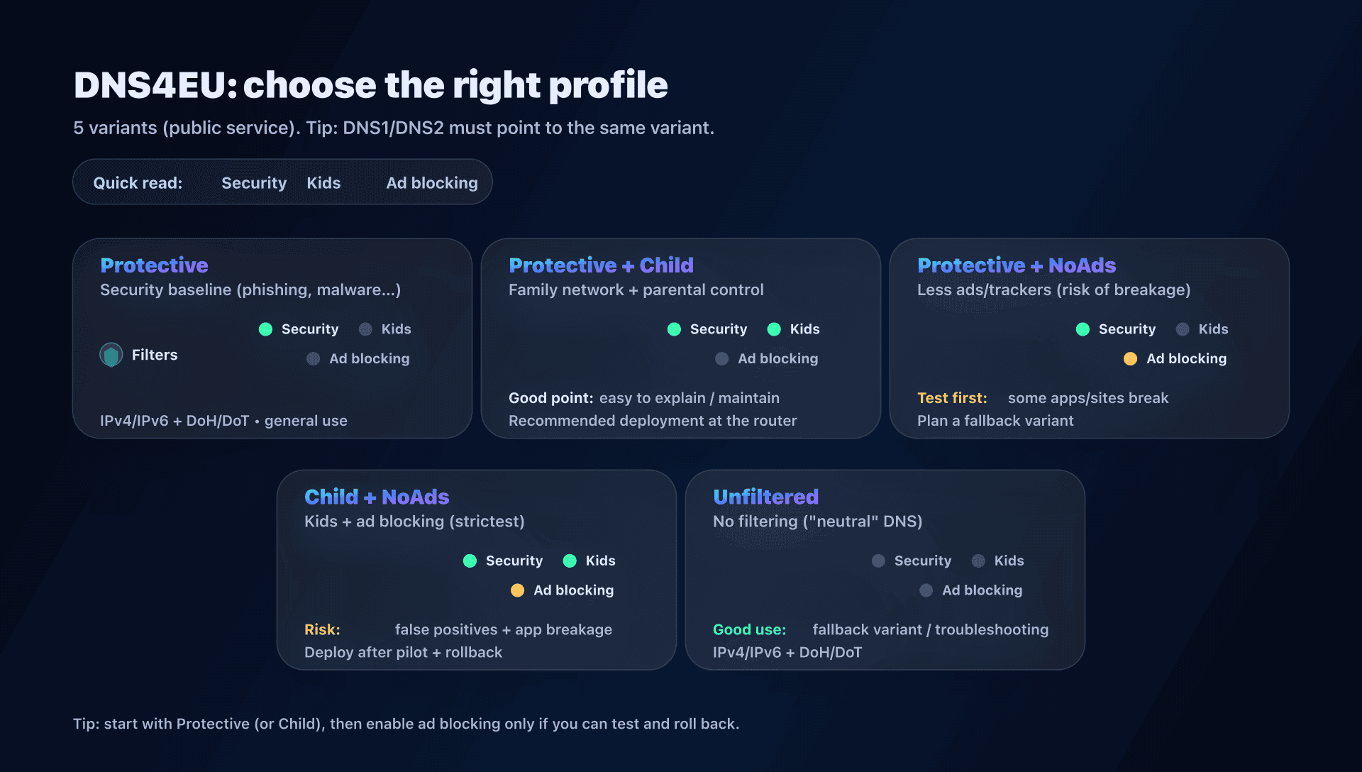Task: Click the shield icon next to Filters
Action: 111,355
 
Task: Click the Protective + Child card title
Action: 601,265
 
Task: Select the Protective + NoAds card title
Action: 1016,265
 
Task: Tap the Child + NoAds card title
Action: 377,497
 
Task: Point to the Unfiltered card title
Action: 765,497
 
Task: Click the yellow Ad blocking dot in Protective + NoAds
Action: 1130,359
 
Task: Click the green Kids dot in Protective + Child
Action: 774,329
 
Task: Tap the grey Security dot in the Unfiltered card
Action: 878,561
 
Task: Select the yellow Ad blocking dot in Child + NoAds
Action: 517,590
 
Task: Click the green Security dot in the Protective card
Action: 266,329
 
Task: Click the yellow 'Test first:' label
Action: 952,398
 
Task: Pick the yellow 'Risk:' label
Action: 322,629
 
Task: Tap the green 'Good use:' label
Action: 749,629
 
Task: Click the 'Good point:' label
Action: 550,398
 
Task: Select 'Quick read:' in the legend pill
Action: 138,183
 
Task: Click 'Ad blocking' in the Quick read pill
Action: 431,183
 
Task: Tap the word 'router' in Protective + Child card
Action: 775,421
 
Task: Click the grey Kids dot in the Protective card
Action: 365,329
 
